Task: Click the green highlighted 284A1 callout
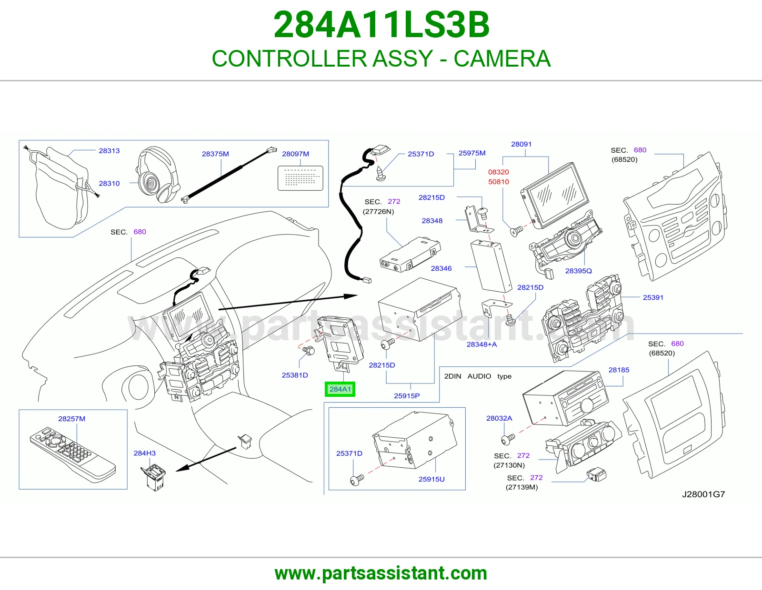pos(340,389)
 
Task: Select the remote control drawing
pos(72,454)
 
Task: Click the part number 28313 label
pos(109,151)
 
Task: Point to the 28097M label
pos(296,154)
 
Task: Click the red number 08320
pos(498,172)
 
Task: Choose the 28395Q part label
pos(578,271)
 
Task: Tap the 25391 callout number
pos(653,297)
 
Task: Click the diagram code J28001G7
pos(703,494)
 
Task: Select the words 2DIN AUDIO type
pos(478,376)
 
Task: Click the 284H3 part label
pos(144,453)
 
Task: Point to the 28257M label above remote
pos(71,419)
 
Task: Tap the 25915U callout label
pos(431,479)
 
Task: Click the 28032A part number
pos(499,418)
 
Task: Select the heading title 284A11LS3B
pos(381,25)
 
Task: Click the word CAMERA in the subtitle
pos(502,59)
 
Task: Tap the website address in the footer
pos(381,573)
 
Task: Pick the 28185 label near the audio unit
pos(619,370)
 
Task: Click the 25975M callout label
pos(472,153)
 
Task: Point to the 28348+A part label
pos(481,344)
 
